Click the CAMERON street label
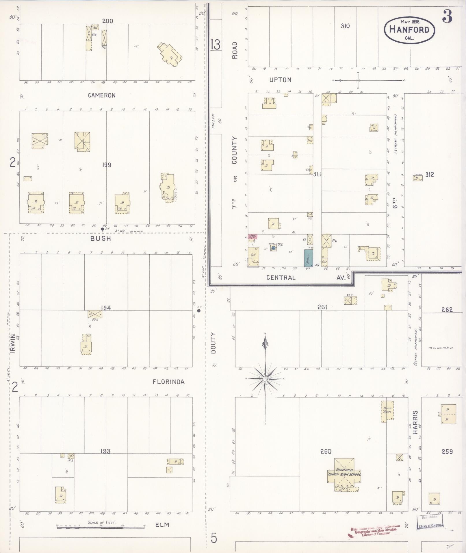tap(102, 95)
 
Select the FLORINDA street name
tap(168, 382)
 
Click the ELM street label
tap(162, 525)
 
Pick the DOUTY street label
tap(213, 343)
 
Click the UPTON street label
tap(280, 80)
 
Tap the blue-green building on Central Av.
tap(309, 258)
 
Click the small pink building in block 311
tap(252, 236)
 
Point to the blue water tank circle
tap(273, 248)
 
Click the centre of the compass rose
tap(265, 378)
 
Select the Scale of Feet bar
tap(101, 528)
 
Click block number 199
tap(106, 165)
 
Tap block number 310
tap(345, 26)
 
